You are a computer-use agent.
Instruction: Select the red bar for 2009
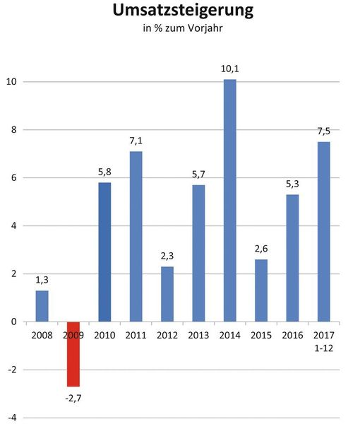tap(73, 354)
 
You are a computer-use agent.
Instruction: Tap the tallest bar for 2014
tap(230, 201)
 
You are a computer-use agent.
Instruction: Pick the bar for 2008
tap(42, 306)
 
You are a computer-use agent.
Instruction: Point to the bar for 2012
tap(167, 294)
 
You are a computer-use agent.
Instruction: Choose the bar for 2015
tap(261, 290)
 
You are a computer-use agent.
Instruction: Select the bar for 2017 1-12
tap(324, 232)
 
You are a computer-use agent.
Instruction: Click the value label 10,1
tap(230, 68)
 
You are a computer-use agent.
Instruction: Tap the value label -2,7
tap(73, 399)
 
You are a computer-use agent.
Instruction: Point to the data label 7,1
tap(136, 140)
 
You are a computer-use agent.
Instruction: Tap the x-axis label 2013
tap(198, 335)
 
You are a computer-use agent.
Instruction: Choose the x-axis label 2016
tap(293, 335)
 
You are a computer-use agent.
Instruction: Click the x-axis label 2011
tap(136, 335)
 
